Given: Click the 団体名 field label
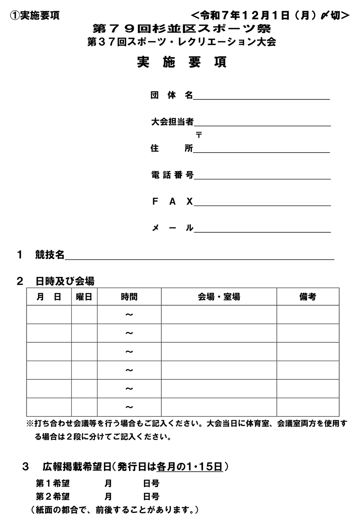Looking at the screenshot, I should tap(172, 95).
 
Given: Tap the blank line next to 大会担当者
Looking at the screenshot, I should tap(262, 123).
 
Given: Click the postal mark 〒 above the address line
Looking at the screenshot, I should tap(199, 135).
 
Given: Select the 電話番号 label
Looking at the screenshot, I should tap(172, 175).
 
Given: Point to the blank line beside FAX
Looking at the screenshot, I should tap(262, 202).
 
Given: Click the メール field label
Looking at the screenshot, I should tap(172, 228).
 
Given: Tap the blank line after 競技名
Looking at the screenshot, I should tap(199, 256).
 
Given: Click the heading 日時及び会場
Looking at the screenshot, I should tap(65, 280).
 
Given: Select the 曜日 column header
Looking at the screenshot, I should tap(84, 297).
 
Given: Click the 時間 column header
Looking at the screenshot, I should tap(129, 297).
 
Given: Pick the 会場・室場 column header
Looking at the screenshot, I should tap(219, 297).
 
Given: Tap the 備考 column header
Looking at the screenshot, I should tap(307, 297).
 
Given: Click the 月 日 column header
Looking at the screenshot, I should tap(49, 297).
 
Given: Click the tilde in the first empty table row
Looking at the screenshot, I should tap(129, 315).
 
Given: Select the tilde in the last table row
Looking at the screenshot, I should tap(129, 407).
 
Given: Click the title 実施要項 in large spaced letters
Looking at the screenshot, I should tap(182, 62).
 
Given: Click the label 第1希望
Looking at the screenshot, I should tap(53, 483).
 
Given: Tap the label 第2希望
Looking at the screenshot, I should tap(53, 497).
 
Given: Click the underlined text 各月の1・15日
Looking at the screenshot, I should tap(189, 467).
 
